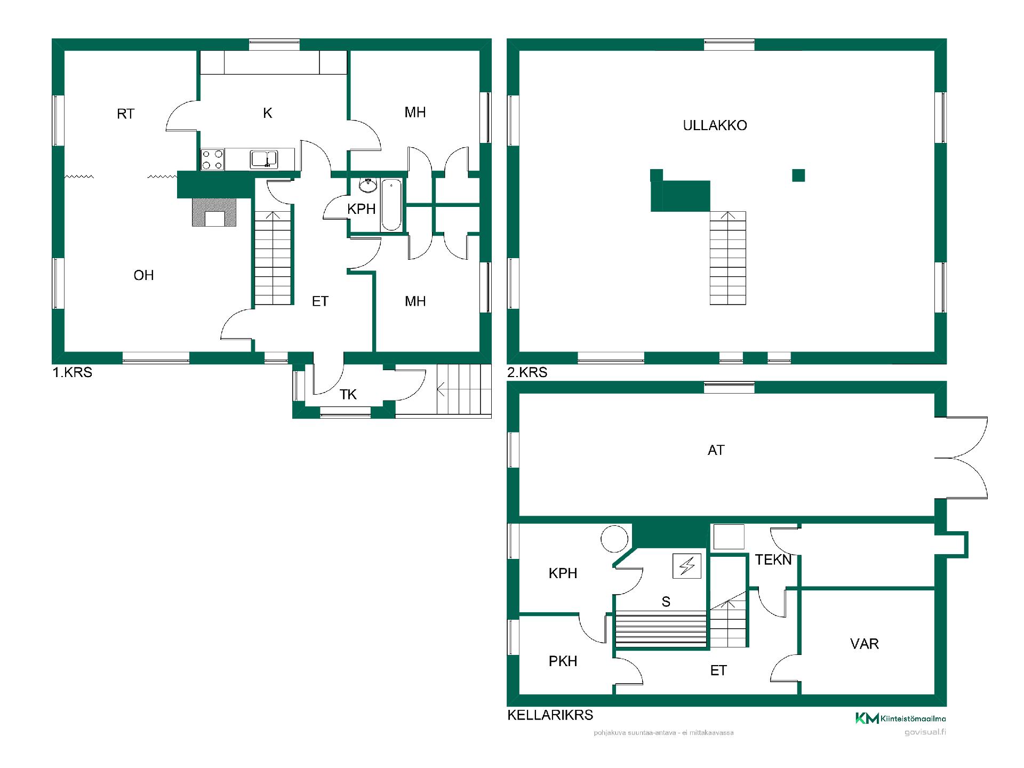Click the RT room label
point(126,114)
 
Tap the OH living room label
point(143,275)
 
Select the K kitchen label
point(268,113)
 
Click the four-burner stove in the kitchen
point(212,159)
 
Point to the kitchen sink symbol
point(264,159)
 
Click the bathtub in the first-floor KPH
point(391,205)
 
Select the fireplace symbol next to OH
point(214,212)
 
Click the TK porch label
point(348,395)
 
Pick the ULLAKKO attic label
point(715,125)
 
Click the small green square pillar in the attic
point(798,175)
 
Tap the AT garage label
point(716,450)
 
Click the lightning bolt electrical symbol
point(687,566)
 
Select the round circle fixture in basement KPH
point(614,539)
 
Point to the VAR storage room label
point(865,644)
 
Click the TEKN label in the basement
point(773,559)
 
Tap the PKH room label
point(563,661)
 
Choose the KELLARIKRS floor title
point(550,715)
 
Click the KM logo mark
point(867,718)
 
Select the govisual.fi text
point(925,732)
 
